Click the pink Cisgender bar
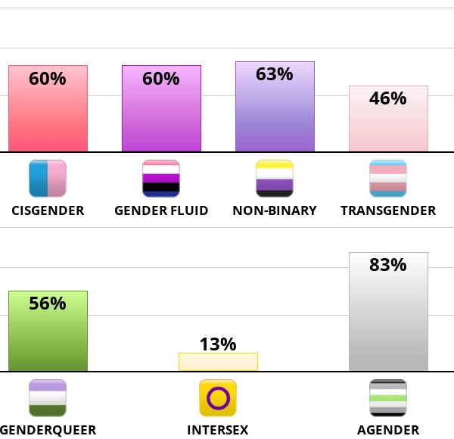(48, 114)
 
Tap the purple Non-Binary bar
(275, 114)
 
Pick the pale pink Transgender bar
(388, 125)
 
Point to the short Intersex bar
(218, 362)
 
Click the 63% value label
(275, 74)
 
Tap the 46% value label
(388, 98)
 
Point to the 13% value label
(218, 344)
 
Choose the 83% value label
(388, 265)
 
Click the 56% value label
(48, 304)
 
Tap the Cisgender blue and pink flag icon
(48, 179)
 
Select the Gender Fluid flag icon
(161, 179)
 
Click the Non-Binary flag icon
(275, 179)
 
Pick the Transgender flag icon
(388, 179)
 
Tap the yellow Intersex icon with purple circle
(218, 398)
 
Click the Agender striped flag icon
(388, 398)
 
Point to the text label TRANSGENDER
(388, 210)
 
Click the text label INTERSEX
(218, 430)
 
